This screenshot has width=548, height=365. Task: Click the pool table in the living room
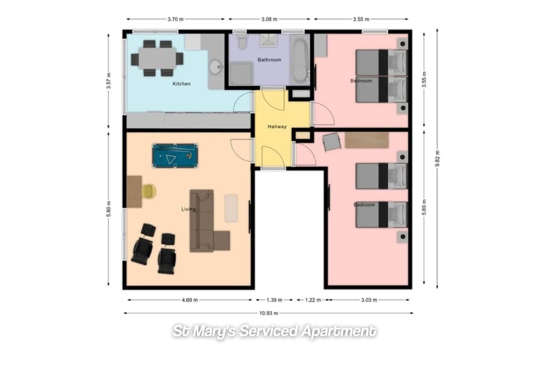[175, 156]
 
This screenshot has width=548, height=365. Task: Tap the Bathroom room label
[269, 60]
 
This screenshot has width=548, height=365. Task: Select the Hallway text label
[277, 127]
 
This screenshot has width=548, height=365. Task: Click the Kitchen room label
[182, 84]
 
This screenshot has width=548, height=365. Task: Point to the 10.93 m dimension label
[268, 313]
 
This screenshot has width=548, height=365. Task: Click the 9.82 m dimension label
[438, 158]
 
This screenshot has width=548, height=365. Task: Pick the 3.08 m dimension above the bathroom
[269, 19]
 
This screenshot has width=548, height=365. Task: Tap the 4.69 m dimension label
[187, 299]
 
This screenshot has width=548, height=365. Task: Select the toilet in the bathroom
[241, 43]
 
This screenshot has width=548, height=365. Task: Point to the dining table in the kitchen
[157, 58]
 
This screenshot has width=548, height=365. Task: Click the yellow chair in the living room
[149, 191]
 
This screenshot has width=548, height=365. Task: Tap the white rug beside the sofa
[231, 208]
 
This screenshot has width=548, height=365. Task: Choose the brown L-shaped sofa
[204, 221]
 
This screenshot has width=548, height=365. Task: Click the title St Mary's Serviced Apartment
[274, 331]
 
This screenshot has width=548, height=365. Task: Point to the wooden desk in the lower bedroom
[366, 140]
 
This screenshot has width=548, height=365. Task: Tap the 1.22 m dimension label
[312, 299]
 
